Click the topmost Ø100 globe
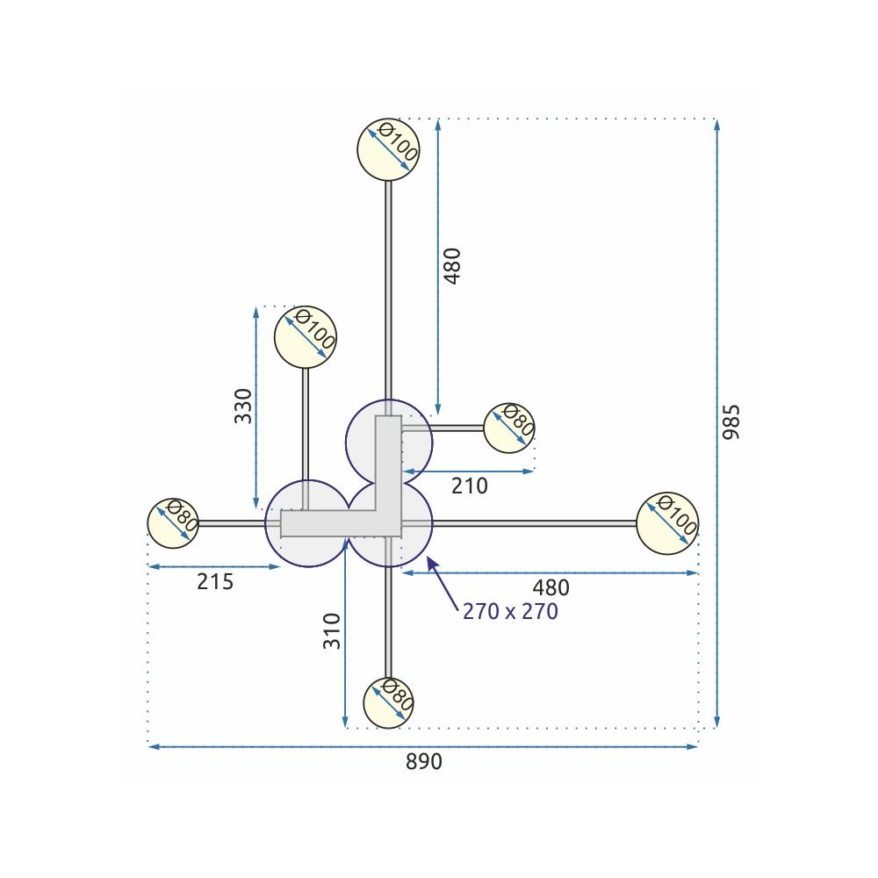(389, 149)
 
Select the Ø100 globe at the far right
(667, 523)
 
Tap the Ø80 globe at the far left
(173, 523)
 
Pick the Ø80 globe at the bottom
(388, 702)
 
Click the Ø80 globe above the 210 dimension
(509, 428)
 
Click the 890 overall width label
(424, 762)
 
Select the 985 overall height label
(732, 422)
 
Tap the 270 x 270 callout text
(510, 612)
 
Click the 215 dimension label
(215, 581)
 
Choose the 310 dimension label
(331, 630)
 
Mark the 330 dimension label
(243, 406)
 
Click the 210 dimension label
(470, 486)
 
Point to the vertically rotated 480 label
(452, 265)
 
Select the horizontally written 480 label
(551, 587)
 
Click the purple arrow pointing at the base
(443, 583)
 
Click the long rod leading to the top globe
(389, 290)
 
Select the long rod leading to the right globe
(536, 523)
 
